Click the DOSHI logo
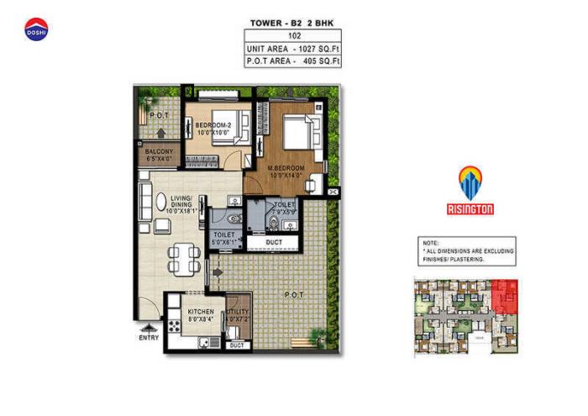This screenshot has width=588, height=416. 37,29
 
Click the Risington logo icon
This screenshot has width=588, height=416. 470,183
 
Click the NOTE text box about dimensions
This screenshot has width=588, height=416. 467,250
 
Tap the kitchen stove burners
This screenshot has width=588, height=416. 175,324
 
